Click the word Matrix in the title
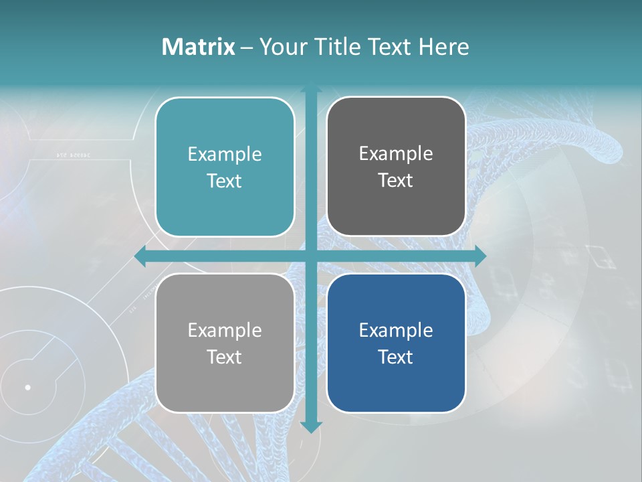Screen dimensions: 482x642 pyautogui.click(x=199, y=47)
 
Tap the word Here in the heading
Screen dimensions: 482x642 pyautogui.click(x=443, y=47)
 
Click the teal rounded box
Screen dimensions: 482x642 pyautogui.click(x=225, y=167)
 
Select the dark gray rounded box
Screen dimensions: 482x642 pyautogui.click(x=396, y=167)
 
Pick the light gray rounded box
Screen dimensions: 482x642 pyautogui.click(x=225, y=343)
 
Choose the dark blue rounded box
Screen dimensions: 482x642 pyautogui.click(x=396, y=343)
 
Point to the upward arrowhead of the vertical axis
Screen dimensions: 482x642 pyautogui.click(x=311, y=88)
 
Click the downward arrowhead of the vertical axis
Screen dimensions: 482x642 pyautogui.click(x=311, y=426)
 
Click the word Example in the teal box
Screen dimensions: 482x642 pyautogui.click(x=225, y=154)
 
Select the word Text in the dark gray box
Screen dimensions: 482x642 pyautogui.click(x=396, y=181)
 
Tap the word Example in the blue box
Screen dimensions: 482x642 pyautogui.click(x=396, y=330)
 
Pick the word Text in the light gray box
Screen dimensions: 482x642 pyautogui.click(x=225, y=357)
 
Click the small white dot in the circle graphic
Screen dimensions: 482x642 pyautogui.click(x=27, y=387)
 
